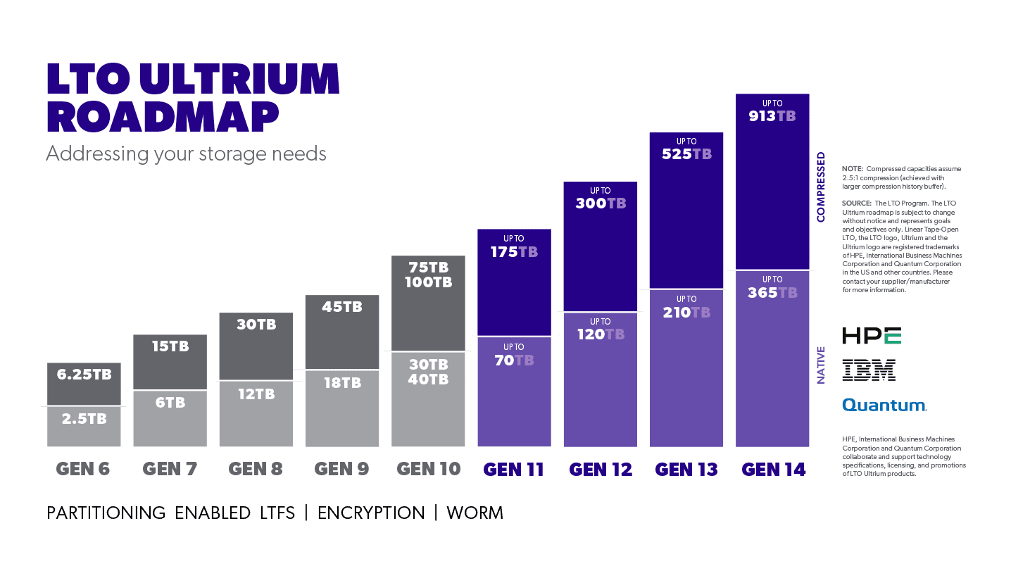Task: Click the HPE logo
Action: [872, 336]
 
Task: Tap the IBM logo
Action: [869, 370]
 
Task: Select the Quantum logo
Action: [884, 405]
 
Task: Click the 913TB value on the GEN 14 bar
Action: [772, 116]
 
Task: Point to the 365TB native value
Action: [772, 292]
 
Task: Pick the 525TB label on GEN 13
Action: [686, 154]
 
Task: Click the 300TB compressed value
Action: [601, 203]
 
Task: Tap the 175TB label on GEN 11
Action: [514, 252]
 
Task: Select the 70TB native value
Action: [514, 360]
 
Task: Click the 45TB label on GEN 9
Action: [342, 307]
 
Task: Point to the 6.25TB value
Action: [84, 375]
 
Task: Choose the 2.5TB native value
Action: [84, 419]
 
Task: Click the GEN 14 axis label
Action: [773, 470]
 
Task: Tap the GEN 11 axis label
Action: [514, 470]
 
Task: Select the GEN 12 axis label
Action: [601, 470]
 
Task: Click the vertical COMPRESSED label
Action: [821, 187]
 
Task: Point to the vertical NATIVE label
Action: [821, 366]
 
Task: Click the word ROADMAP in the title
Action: [163, 118]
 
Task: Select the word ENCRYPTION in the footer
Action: [371, 513]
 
